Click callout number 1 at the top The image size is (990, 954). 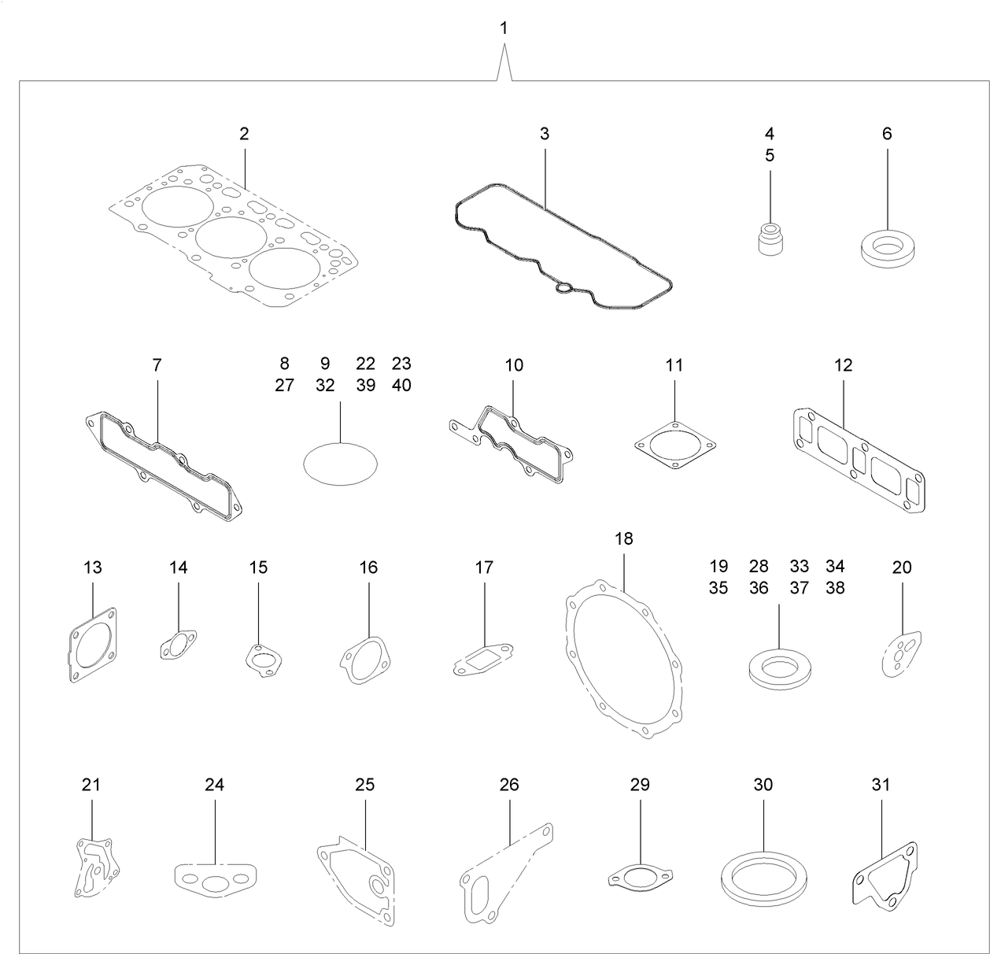[x=504, y=28]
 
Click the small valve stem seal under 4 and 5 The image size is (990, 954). [x=768, y=239]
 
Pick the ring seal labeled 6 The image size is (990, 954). [x=887, y=248]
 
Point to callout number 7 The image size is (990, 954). [x=157, y=364]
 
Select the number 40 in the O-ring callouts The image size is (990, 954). [x=401, y=386]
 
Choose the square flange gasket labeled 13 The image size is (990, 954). [x=92, y=644]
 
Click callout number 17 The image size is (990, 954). [x=484, y=567]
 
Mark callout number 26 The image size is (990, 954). [x=509, y=785]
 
